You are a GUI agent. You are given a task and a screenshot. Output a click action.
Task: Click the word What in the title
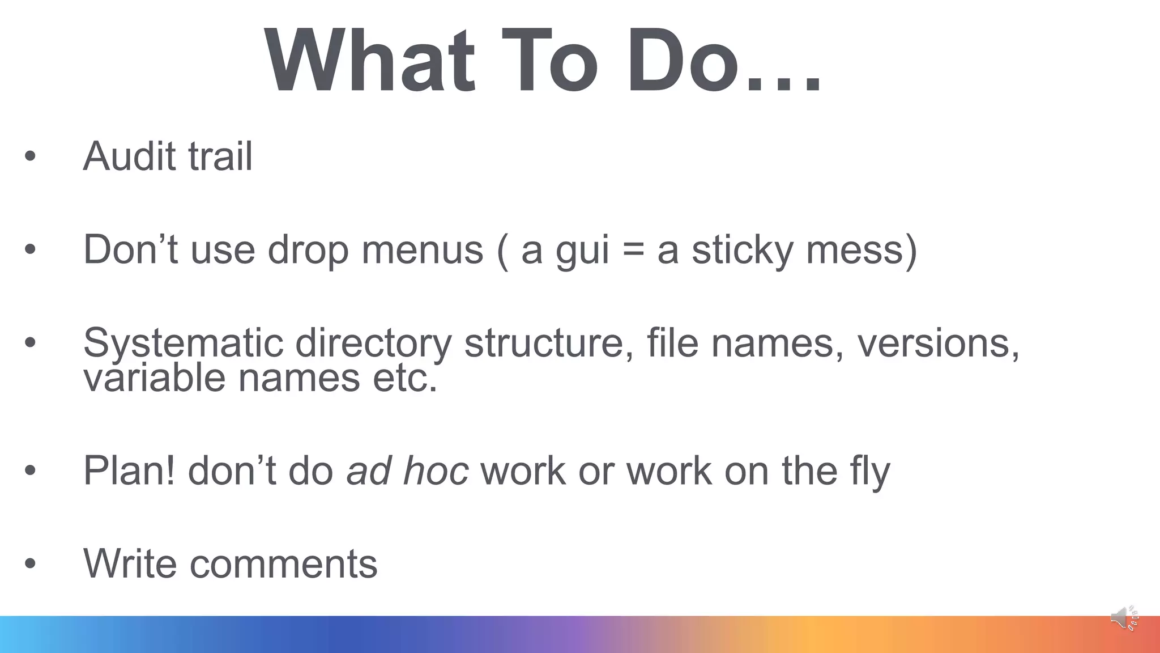pyautogui.click(x=369, y=61)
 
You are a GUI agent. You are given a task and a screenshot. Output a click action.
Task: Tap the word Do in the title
pyautogui.click(x=683, y=61)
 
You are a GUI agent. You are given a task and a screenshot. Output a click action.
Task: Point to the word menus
pyautogui.click(x=422, y=249)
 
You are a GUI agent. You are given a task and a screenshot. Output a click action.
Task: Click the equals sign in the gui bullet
pyautogui.click(x=633, y=251)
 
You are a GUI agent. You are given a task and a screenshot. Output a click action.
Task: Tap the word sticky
pyautogui.click(x=743, y=251)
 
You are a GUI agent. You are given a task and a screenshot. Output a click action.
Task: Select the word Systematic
pyautogui.click(x=183, y=344)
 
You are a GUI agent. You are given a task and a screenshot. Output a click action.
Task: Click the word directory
pyautogui.click(x=373, y=344)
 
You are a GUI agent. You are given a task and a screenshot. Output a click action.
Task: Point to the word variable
pyautogui.click(x=154, y=378)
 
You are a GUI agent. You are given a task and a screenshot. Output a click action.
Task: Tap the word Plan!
pyautogui.click(x=129, y=470)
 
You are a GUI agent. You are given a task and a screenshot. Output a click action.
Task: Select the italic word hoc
pyautogui.click(x=436, y=470)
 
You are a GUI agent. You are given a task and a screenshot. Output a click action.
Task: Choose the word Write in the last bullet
pyautogui.click(x=130, y=563)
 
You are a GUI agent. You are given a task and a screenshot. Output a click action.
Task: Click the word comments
pyautogui.click(x=283, y=565)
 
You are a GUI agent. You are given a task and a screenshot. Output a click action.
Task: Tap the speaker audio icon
pyautogui.click(x=1124, y=618)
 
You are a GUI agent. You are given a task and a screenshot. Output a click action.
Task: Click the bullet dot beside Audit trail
pyautogui.click(x=30, y=156)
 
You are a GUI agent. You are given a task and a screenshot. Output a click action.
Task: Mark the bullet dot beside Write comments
pyautogui.click(x=30, y=564)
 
